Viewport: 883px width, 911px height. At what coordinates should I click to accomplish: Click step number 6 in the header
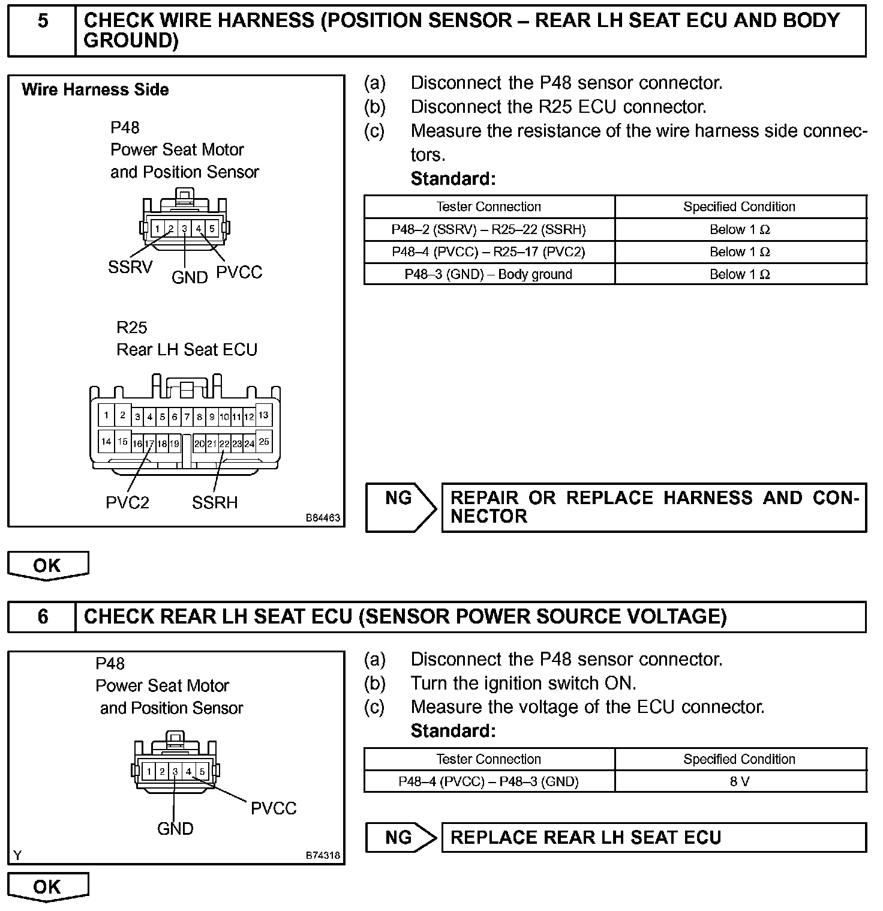tap(43, 617)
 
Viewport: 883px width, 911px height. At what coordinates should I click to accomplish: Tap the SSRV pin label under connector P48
tap(130, 267)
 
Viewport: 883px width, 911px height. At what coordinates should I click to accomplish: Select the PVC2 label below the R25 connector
tap(127, 502)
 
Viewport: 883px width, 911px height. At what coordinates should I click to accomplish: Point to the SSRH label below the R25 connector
tap(215, 502)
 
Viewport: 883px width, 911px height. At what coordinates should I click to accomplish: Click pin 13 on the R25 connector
tap(263, 415)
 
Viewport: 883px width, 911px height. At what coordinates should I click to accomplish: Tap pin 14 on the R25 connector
tap(106, 442)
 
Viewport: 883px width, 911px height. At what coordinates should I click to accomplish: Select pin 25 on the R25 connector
tap(264, 442)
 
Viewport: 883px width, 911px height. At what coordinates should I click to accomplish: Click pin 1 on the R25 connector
tap(106, 415)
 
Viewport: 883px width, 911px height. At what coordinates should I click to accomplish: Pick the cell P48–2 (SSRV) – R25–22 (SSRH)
tap(489, 229)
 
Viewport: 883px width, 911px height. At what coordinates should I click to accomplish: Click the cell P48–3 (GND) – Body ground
tap(489, 274)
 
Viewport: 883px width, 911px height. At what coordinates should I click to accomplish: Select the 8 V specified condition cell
tap(740, 781)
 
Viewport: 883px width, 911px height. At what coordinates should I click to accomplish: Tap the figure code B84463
tap(323, 517)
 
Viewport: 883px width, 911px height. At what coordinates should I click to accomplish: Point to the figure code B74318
tap(323, 855)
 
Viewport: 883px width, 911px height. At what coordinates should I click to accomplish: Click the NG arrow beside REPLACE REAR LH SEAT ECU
tap(401, 838)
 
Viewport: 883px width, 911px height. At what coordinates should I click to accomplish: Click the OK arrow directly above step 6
tap(47, 566)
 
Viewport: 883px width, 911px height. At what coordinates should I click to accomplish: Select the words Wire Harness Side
tap(95, 90)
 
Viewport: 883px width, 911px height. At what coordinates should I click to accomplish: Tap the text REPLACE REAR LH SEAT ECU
tap(585, 838)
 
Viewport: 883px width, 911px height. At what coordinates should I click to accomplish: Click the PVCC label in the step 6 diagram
tap(274, 808)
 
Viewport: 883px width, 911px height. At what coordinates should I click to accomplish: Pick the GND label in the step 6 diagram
tap(175, 829)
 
